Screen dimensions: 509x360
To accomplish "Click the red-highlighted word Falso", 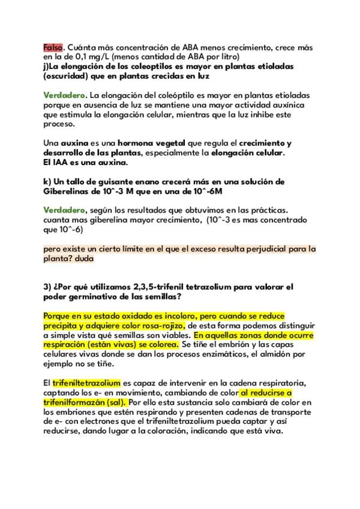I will click(x=53, y=47).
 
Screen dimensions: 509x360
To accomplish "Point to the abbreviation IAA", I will click(x=62, y=163).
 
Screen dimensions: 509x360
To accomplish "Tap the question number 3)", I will click(x=48, y=286).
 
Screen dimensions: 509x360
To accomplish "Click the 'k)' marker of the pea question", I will click(x=47, y=181).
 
